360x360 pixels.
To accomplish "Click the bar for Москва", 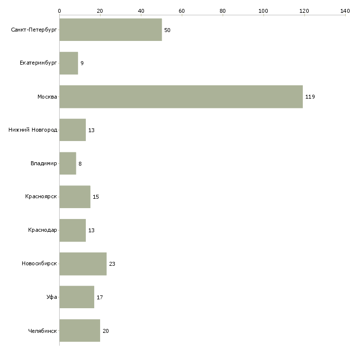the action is [181, 97].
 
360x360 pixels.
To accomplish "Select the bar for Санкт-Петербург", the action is [110, 30].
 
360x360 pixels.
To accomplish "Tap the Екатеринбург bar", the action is [69, 63].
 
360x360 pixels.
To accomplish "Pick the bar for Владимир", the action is [68, 163].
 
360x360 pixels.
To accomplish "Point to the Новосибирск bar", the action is [83, 264].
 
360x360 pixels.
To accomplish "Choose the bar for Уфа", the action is [76, 297].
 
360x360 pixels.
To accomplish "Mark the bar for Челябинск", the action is [80, 330].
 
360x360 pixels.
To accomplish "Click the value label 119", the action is [310, 97].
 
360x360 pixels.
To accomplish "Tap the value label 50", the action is [167, 30].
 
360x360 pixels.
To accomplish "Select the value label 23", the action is [112, 264].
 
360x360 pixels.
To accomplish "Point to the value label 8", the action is [80, 164].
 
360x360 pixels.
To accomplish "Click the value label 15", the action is [96, 197].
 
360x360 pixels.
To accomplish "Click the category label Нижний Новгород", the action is [33, 130].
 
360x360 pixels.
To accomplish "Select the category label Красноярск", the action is [41, 197].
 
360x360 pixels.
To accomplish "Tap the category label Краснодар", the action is [42, 230].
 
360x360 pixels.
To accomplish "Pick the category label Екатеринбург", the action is [38, 63].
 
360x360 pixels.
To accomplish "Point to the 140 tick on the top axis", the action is [345, 15].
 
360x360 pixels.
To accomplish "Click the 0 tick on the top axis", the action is [60, 15].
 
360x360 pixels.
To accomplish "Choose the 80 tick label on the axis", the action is [222, 11].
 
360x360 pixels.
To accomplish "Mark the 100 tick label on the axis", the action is [263, 11].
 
